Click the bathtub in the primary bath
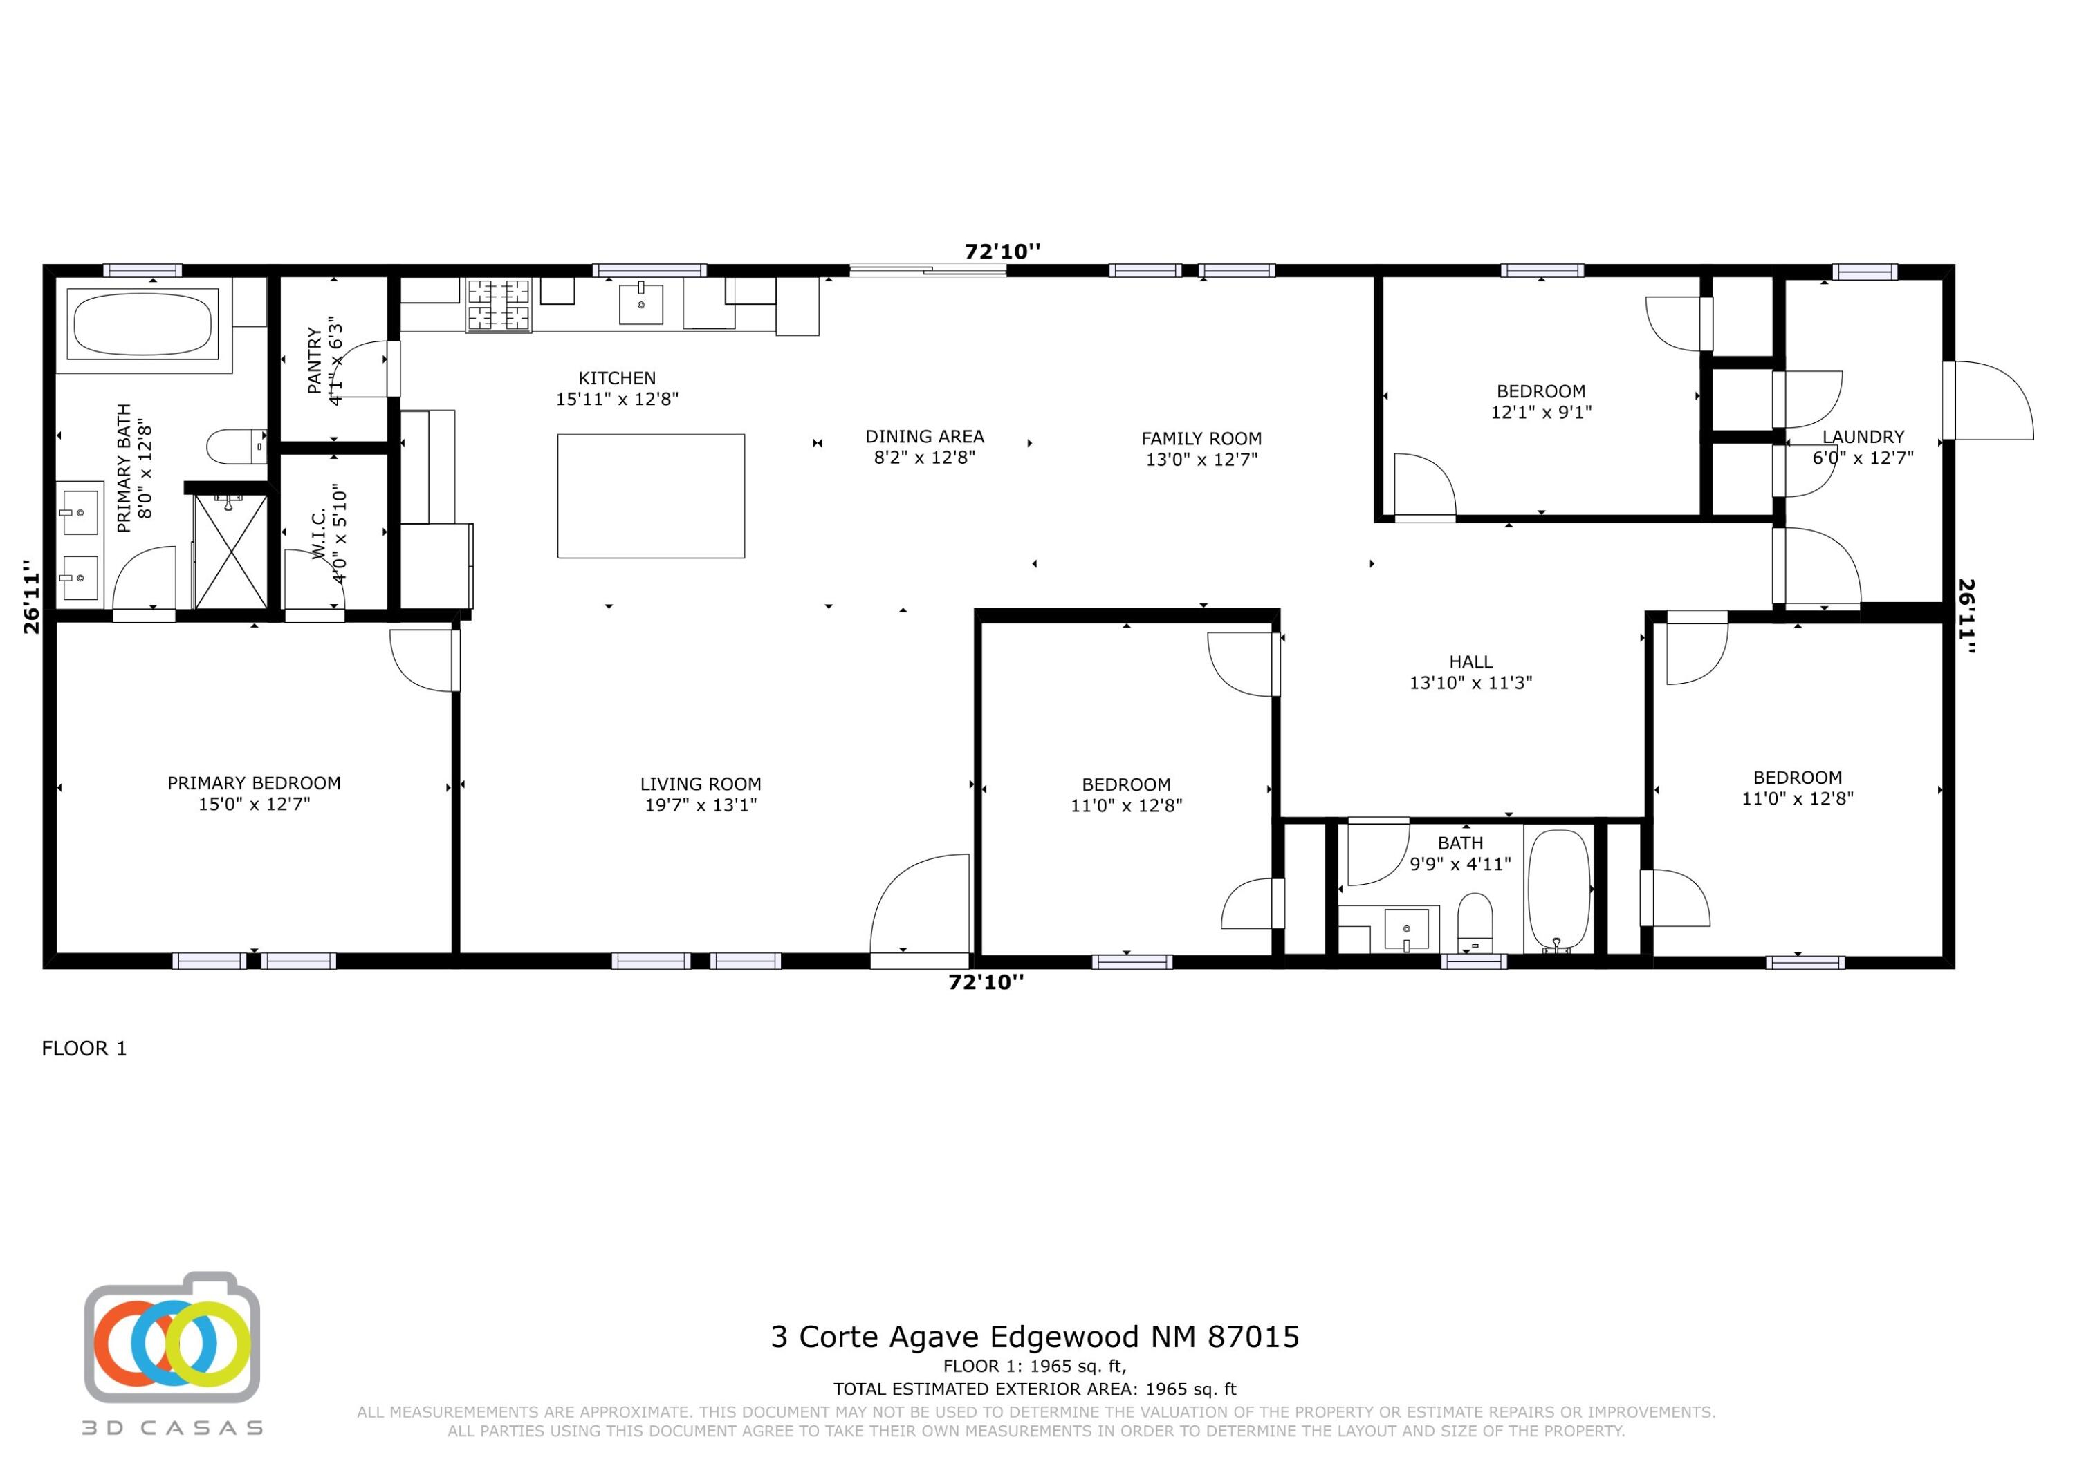coord(142,324)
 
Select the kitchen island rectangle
coord(651,496)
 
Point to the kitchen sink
coord(640,303)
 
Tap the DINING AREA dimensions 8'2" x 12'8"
coord(925,457)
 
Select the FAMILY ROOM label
coord(1201,438)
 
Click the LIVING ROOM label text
coord(701,784)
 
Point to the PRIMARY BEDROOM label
coord(254,783)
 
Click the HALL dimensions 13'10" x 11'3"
coord(1470,683)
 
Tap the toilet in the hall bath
coord(1475,921)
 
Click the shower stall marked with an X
coord(230,552)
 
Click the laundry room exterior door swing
coord(1989,400)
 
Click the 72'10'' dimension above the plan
coord(1002,251)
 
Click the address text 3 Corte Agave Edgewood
coord(1035,1336)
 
